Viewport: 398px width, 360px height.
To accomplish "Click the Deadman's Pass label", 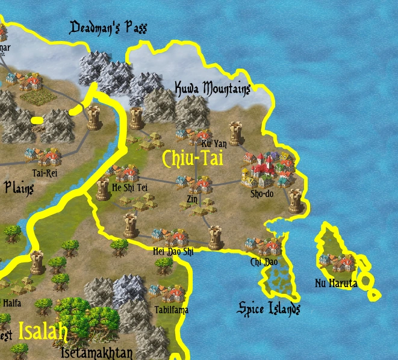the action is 108,28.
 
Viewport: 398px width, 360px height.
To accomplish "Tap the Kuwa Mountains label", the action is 212,89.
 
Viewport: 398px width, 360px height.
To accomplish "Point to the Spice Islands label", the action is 269,309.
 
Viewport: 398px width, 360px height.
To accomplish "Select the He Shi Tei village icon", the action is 127,174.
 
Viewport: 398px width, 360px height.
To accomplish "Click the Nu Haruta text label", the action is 336,283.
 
